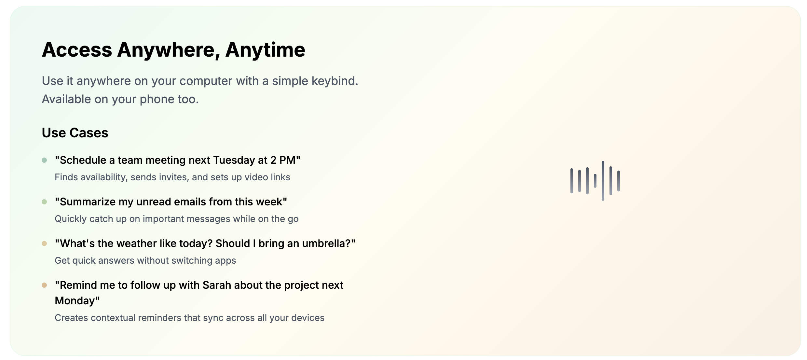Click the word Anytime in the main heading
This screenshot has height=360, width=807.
265,50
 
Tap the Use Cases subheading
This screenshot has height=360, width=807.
75,133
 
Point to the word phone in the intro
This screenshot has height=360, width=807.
157,99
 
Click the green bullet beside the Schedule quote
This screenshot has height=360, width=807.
44,160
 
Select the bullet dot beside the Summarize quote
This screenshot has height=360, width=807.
44,202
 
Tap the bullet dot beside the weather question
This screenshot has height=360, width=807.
44,243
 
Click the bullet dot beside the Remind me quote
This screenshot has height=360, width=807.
44,285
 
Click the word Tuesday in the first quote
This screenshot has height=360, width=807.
234,160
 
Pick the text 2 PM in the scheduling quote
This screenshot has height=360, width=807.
282,160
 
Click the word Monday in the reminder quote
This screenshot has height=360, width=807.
75,301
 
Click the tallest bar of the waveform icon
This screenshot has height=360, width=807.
603,181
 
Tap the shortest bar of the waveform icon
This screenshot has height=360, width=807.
595,181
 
